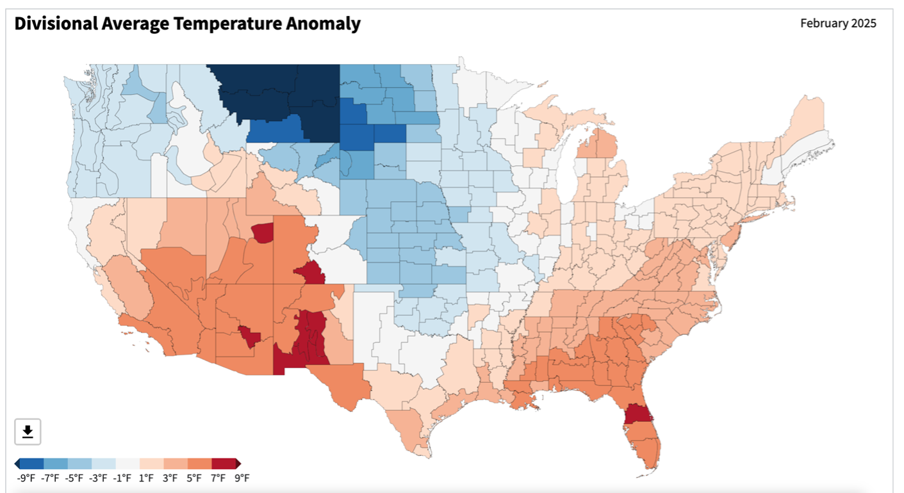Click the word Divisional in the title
coord(54,24)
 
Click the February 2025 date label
coord(838,24)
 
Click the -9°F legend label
coord(26,478)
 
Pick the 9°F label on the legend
coord(242,478)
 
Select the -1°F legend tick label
coord(122,478)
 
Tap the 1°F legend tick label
coord(146,478)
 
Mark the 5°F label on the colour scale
coord(194,478)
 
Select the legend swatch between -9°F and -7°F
coord(31,464)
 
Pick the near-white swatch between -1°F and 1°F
coord(127,464)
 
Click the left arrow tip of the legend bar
coord(16,464)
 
